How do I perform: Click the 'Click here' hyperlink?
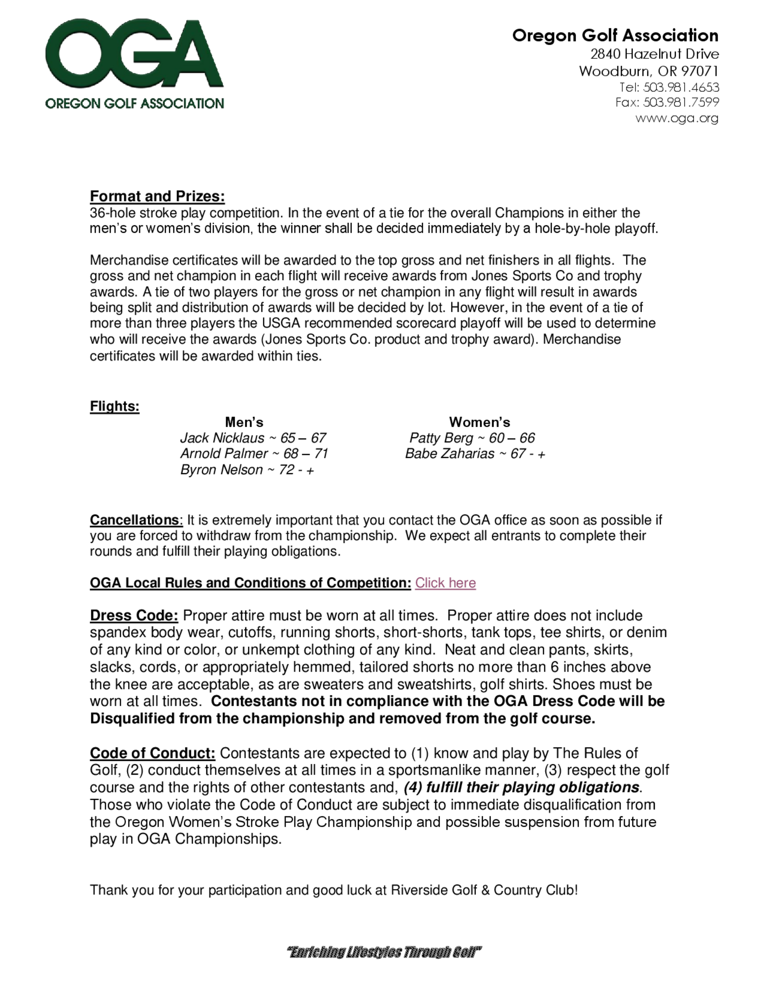(x=445, y=583)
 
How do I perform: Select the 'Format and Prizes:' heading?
(x=157, y=196)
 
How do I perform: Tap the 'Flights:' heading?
(x=115, y=406)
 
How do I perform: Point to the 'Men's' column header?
(x=244, y=422)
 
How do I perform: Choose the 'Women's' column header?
(x=479, y=422)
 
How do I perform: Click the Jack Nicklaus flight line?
(x=253, y=438)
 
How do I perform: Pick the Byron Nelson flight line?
(x=247, y=470)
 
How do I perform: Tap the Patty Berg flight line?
(x=472, y=438)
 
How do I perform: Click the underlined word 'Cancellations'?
(x=134, y=520)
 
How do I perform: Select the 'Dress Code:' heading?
(x=134, y=615)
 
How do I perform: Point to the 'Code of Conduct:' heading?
(x=152, y=753)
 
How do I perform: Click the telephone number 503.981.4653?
(x=681, y=87)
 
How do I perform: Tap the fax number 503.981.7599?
(x=681, y=102)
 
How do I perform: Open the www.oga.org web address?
(x=677, y=118)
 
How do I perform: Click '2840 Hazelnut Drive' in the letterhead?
(x=654, y=54)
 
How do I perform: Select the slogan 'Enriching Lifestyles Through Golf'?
(x=384, y=952)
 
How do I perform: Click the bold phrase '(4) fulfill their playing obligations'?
(x=521, y=787)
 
